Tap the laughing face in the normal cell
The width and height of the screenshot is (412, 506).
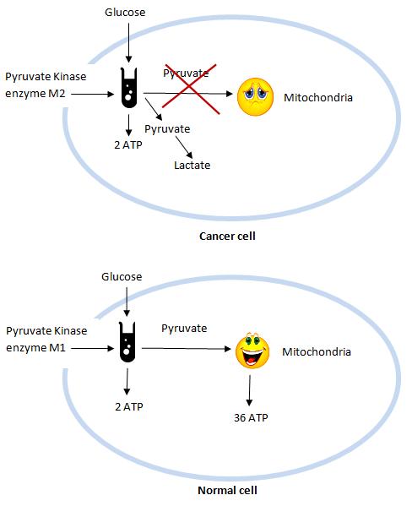[x=252, y=352]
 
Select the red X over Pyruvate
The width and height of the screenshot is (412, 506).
[x=188, y=87]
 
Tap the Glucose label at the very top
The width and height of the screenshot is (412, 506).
[x=125, y=14]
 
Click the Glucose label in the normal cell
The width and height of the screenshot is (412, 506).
[x=122, y=277]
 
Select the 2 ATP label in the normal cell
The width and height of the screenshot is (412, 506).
[x=127, y=406]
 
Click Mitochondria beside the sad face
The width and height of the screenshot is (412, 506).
[x=318, y=97]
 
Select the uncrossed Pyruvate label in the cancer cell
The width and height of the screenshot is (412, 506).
[x=167, y=128]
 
